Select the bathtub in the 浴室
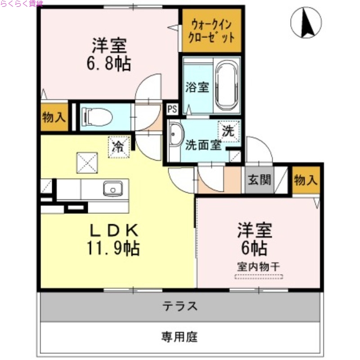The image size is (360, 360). pos(228,85)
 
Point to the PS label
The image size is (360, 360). pos(172,109)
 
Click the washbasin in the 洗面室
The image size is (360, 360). pos(175,135)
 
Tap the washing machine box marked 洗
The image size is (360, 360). pos(229,131)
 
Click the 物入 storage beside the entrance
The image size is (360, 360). pos(306,180)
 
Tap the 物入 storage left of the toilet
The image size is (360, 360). pos(54,118)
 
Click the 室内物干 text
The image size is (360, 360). pos(258,265)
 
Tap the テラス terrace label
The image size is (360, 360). pos(180,306)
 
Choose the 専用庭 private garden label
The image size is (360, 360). pos(180,337)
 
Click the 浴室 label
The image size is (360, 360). pos(198,87)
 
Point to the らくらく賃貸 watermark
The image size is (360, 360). pos(22,4)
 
